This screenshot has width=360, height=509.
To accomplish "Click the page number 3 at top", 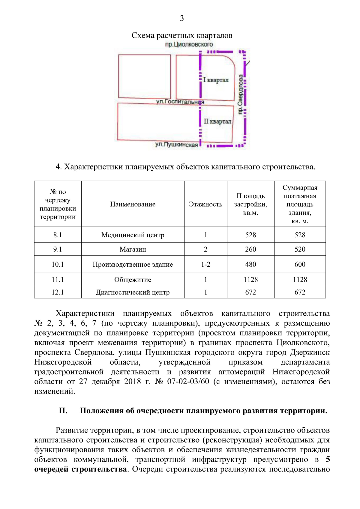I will tap(182, 18).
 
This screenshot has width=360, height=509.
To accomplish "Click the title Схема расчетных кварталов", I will tap(182, 35).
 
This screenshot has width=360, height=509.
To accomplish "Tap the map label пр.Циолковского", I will tap(189, 44).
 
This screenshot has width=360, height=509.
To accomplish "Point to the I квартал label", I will tap(216, 80).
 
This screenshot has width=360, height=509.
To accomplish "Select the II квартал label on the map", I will tap(217, 121).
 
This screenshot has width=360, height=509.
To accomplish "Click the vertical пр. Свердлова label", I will tap(240, 94).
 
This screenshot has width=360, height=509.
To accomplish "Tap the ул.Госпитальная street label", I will tap(180, 102).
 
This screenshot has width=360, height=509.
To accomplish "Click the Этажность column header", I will tap(205, 204).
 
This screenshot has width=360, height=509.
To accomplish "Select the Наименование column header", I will tap(133, 204).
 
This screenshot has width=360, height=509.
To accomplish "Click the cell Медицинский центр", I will tap(133, 235).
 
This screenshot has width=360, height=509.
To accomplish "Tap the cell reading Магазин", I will tap(133, 249).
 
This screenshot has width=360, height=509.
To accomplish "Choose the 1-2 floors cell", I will tap(205, 264).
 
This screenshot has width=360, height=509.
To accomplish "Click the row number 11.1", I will tap(58, 280).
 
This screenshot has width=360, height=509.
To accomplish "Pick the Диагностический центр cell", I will tap(133, 292).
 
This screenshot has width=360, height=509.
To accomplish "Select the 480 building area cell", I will tap(250, 264).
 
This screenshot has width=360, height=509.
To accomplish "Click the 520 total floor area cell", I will tap(300, 249).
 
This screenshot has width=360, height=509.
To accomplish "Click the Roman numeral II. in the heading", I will tap(63, 411).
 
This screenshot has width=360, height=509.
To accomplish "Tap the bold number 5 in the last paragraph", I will tap(328, 459).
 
